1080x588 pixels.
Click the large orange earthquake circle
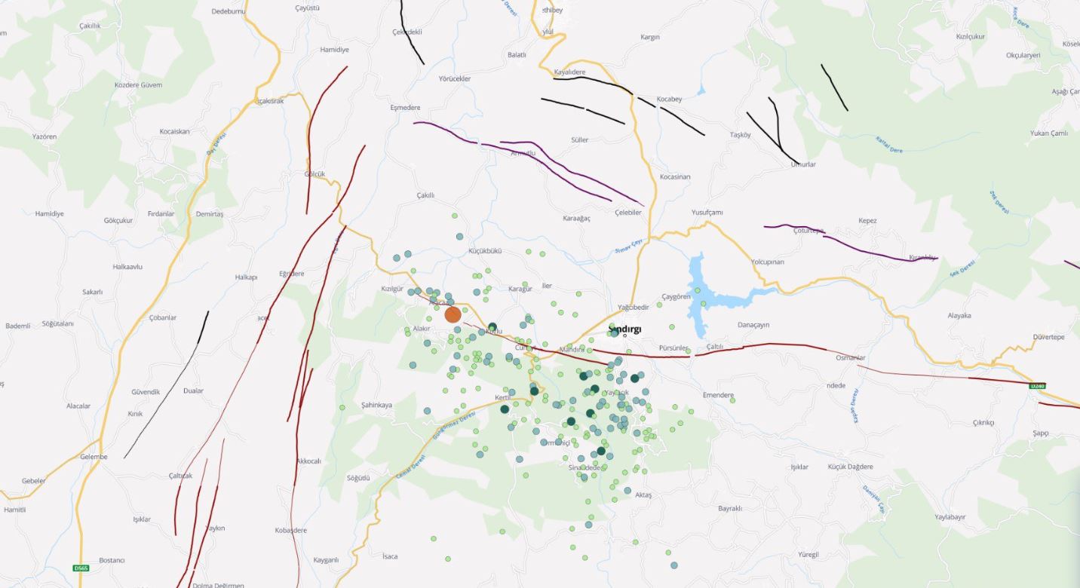coord(453,314)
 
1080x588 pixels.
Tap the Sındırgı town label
coord(624,329)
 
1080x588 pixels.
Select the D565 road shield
coord(81,568)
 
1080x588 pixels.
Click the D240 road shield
coord(1038,386)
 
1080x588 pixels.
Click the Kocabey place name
coord(669,100)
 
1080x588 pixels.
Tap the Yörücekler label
coord(455,78)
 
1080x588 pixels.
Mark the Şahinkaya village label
coord(376,405)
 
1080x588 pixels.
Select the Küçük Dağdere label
coord(850,467)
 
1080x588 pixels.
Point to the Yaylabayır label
coord(950,517)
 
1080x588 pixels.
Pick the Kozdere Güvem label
coord(138,85)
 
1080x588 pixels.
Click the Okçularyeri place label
coord(1023,55)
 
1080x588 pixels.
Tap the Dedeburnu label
coord(229,11)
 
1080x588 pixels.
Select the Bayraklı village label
coord(730,508)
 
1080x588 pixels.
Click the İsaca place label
coord(389,556)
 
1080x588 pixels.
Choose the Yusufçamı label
coord(707,213)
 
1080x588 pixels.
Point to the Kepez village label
coord(867,221)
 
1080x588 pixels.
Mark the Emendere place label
coord(718,395)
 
